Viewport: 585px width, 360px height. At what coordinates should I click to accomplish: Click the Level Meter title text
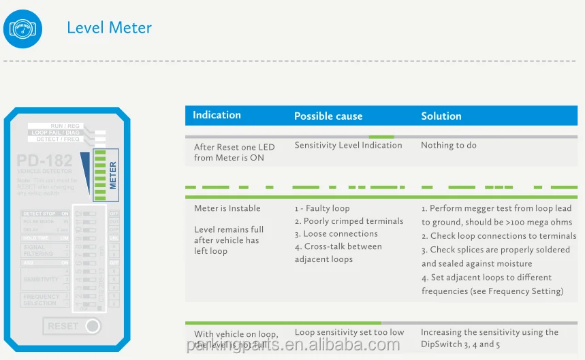coord(109,28)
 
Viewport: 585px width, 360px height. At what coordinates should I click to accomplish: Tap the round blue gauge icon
coord(22,29)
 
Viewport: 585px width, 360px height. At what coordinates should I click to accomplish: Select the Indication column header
coord(217,115)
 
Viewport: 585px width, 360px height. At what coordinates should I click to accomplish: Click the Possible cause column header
coord(328,116)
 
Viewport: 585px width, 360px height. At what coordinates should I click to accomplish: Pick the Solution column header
coord(441,116)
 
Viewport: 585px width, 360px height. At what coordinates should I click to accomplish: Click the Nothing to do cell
coord(448,145)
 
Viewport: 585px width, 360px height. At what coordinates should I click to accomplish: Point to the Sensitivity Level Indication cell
coord(348,145)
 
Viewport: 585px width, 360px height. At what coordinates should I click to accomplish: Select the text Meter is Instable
coord(227,208)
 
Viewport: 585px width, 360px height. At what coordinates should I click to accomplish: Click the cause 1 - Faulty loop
coord(322,208)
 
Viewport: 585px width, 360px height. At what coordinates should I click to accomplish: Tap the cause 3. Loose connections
coord(336,233)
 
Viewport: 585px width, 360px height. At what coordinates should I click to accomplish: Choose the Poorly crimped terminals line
coord(349,221)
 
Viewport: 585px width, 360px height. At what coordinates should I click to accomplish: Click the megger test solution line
coord(496,208)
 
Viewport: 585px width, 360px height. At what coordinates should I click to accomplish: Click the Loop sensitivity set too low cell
coord(349,332)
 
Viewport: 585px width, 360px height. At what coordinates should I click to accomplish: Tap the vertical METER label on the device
coord(113,175)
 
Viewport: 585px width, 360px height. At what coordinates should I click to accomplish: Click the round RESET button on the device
coord(92,326)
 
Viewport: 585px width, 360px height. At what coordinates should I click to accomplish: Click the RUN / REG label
coord(65,126)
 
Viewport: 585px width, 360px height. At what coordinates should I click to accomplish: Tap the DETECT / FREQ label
coord(58,140)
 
